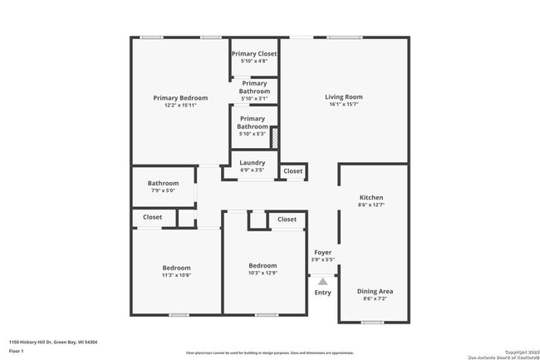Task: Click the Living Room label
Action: click(x=344, y=97)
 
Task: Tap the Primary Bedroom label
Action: click(x=180, y=98)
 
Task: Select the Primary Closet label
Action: click(x=254, y=54)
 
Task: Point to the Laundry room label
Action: click(x=252, y=163)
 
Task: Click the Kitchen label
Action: click(x=371, y=198)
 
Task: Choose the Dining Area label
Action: click(x=375, y=291)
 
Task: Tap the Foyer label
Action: click(x=322, y=252)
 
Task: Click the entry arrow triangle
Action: click(x=322, y=282)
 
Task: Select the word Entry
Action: click(x=322, y=293)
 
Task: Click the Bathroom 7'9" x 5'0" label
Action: click(x=163, y=184)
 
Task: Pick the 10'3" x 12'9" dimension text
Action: click(x=263, y=273)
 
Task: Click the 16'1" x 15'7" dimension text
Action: click(x=344, y=105)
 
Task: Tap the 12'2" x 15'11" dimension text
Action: click(x=180, y=106)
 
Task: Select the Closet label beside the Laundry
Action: click(x=292, y=171)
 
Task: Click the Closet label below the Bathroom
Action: click(x=152, y=217)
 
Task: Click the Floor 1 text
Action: click(x=17, y=351)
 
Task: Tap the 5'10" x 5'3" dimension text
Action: click(x=253, y=135)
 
